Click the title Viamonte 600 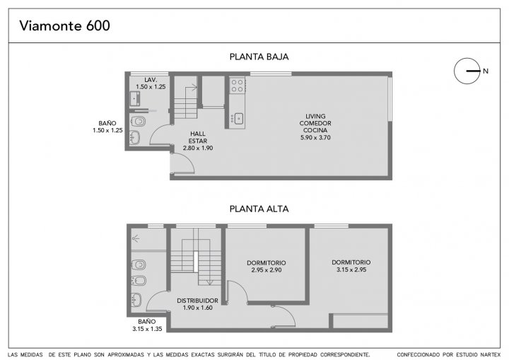coord(64,25)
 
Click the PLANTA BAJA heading coord(259,57)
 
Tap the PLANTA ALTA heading coord(259,209)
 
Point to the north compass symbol coord(467,71)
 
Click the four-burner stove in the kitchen coord(238,86)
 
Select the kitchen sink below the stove coord(239,119)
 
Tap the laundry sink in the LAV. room coord(135,98)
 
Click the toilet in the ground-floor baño coord(138,122)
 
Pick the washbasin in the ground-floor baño coord(135,137)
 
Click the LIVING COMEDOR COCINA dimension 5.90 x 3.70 coord(315,137)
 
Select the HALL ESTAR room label coord(198,137)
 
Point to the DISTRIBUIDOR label coord(197,301)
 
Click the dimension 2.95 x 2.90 coord(267,270)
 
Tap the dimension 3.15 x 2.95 coord(351,269)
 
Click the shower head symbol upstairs coord(136,239)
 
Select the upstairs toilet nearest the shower coord(139,265)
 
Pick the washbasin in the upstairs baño coord(136,300)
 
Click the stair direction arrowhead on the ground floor coord(195,87)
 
